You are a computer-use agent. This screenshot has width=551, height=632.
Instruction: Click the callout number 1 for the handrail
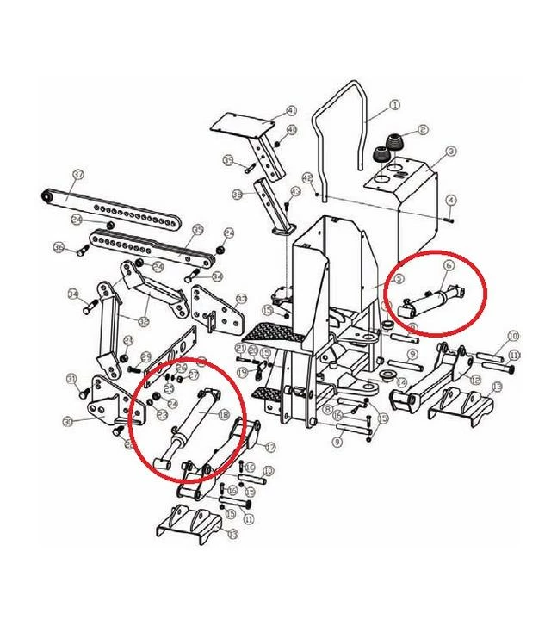click(x=395, y=105)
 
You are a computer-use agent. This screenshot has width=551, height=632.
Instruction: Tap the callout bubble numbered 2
click(x=423, y=130)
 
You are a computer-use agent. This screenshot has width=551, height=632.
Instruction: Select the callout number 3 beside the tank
click(x=451, y=152)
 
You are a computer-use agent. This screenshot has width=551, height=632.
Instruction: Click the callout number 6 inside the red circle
click(x=448, y=266)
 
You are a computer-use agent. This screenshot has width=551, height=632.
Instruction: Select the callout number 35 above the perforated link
click(x=197, y=230)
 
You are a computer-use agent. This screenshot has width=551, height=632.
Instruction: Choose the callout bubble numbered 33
click(x=241, y=299)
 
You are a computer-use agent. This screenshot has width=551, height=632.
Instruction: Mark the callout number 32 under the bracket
click(x=144, y=321)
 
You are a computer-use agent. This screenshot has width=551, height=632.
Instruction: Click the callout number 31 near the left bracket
click(x=71, y=380)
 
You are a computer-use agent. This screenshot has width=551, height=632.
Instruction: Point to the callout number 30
click(x=66, y=421)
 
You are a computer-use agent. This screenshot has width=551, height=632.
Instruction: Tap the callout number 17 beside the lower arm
click(x=269, y=447)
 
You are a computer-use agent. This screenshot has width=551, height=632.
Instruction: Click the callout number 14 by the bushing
click(x=400, y=381)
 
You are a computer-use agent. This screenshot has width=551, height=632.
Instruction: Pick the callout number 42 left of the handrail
click(x=307, y=177)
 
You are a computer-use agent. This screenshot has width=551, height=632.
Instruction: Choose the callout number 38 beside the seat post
click(x=238, y=195)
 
